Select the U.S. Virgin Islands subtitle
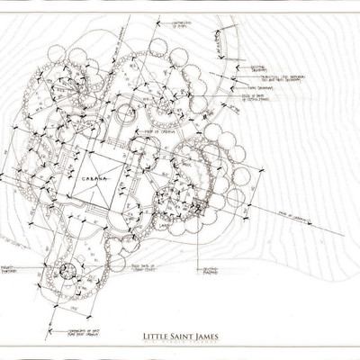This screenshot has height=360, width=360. pos(185,345)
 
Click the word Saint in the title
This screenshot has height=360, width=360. pos(182,337)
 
